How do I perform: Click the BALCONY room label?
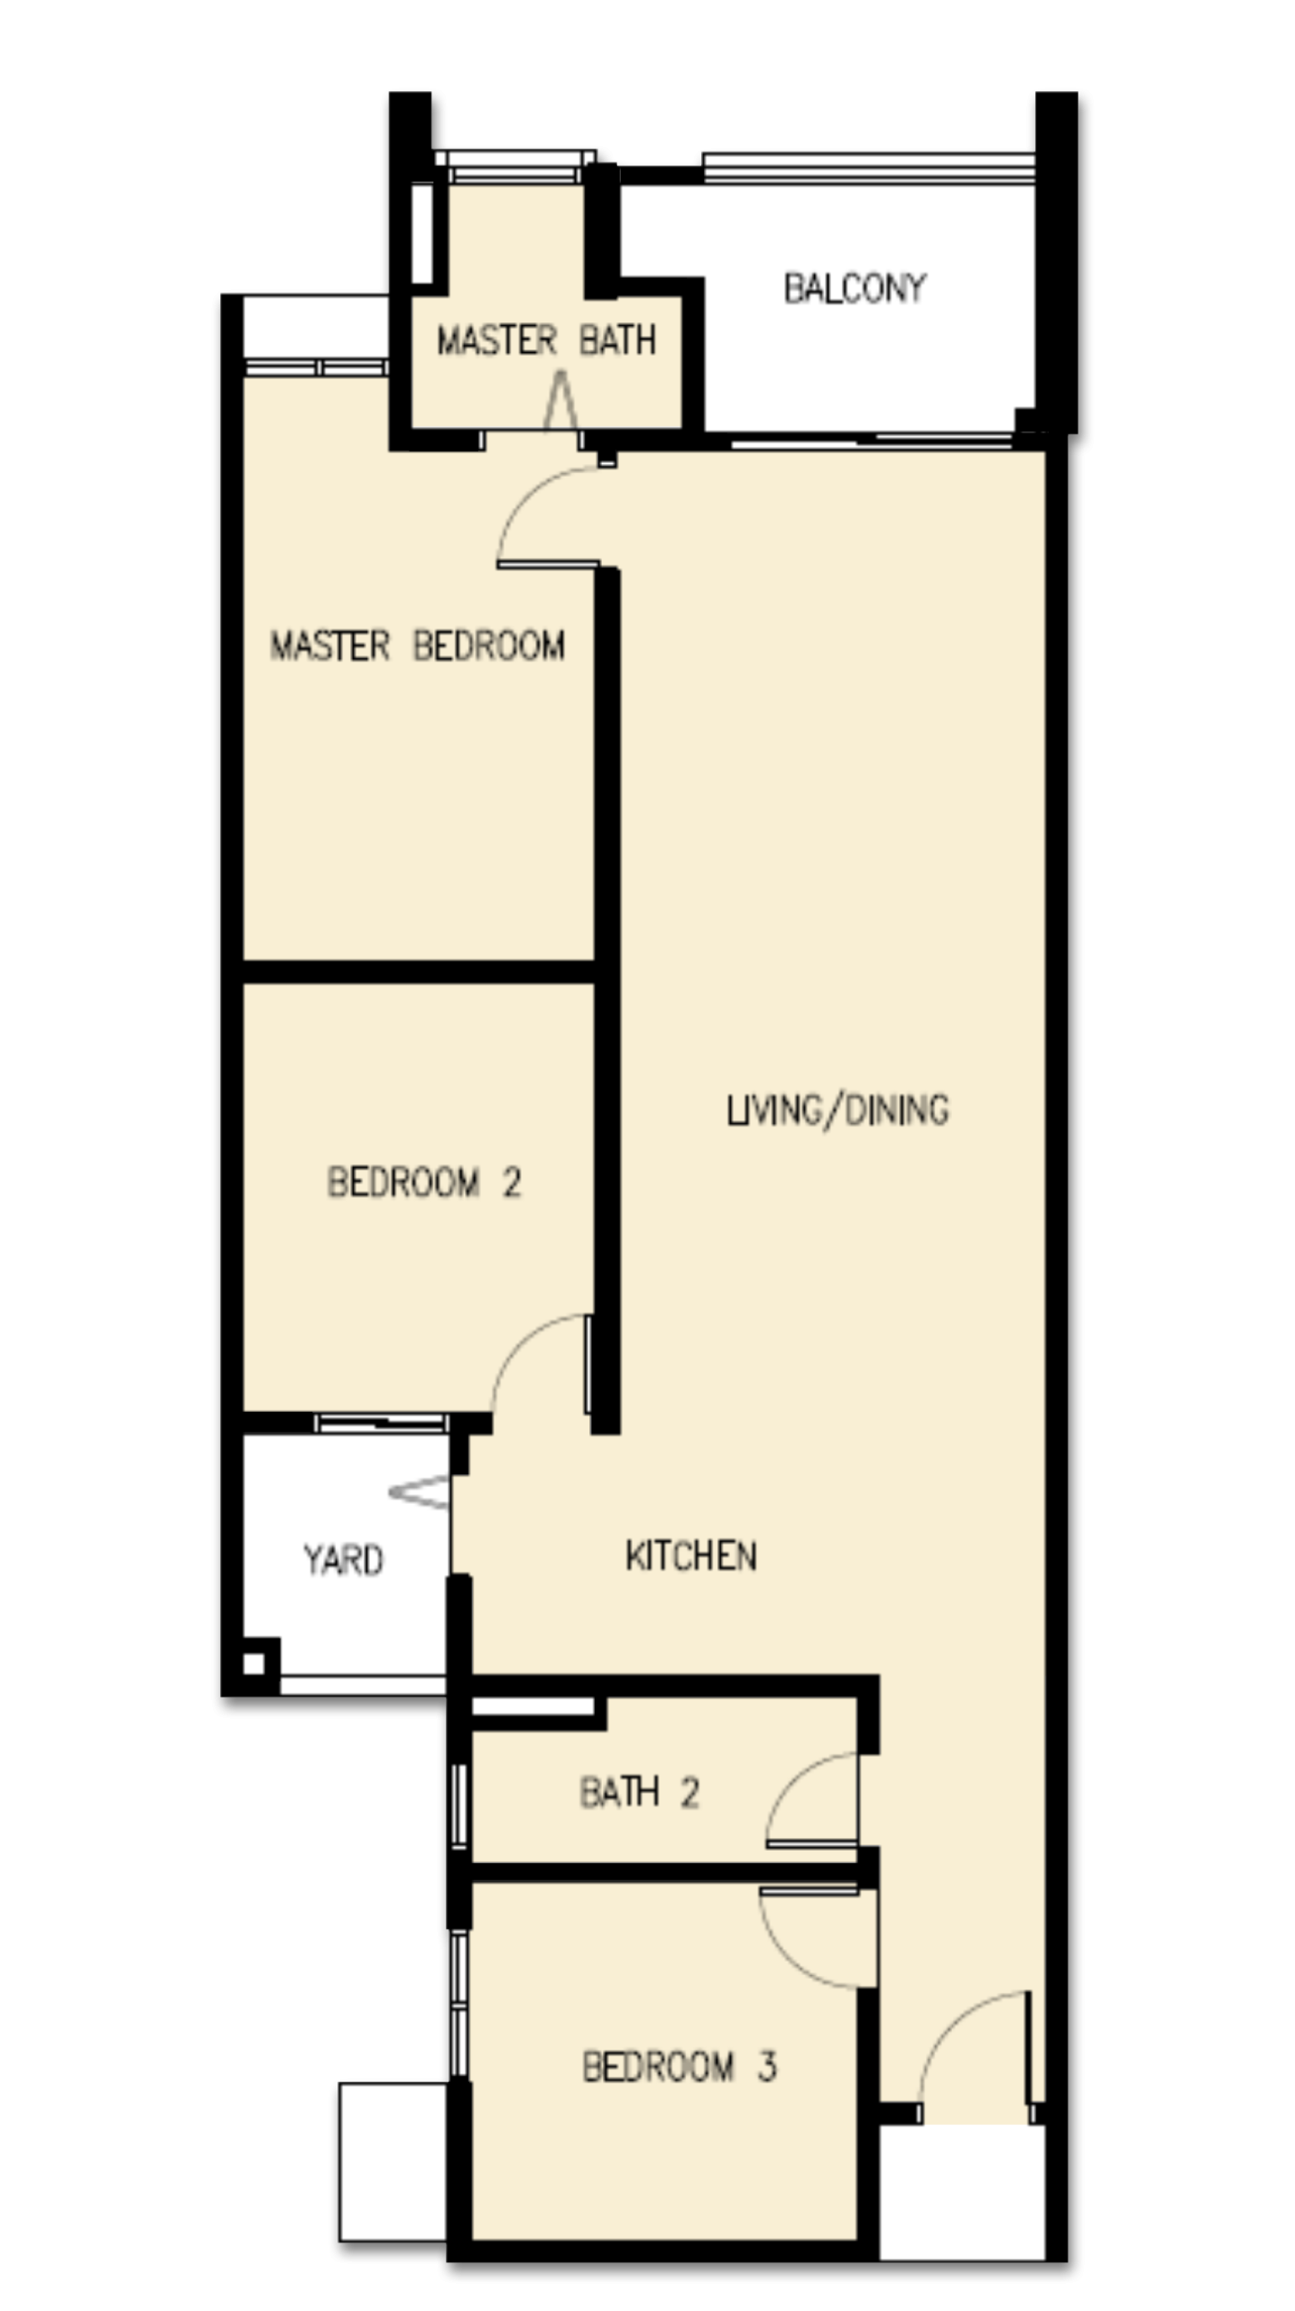click(855, 288)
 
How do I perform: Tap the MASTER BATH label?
click(546, 340)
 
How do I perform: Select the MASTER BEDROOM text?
click(418, 645)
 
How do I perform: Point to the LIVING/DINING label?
click(838, 1109)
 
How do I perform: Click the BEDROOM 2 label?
click(424, 1182)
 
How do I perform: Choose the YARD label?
click(344, 1559)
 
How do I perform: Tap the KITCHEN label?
click(691, 1555)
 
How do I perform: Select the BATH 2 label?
click(640, 1792)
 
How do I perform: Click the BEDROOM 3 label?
click(680, 2066)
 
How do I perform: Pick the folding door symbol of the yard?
click(419, 1492)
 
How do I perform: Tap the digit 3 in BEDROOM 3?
click(767, 2066)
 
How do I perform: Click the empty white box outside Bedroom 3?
click(393, 2162)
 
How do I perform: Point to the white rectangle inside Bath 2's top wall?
click(533, 1706)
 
